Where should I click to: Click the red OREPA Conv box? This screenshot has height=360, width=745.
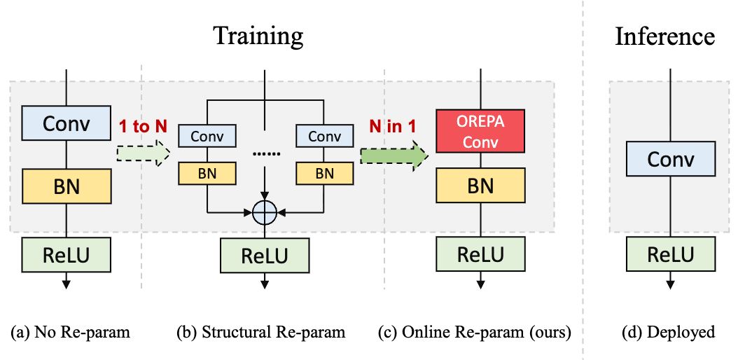coord(480,130)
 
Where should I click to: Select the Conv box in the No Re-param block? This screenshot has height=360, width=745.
coord(67,124)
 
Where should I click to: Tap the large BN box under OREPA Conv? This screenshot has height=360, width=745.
coord(480,186)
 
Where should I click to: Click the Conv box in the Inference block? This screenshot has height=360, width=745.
coord(670,160)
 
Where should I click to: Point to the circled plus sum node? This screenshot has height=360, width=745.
coord(265,210)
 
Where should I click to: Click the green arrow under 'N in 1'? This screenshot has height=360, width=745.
coord(394,154)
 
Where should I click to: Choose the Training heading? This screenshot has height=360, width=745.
coord(258,35)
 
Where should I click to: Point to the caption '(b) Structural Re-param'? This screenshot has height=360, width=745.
coord(261,332)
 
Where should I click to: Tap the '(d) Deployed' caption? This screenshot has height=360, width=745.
coord(669,332)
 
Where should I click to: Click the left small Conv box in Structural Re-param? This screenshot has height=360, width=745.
coord(207,136)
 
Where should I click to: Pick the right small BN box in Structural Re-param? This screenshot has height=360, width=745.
coord(324,173)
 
